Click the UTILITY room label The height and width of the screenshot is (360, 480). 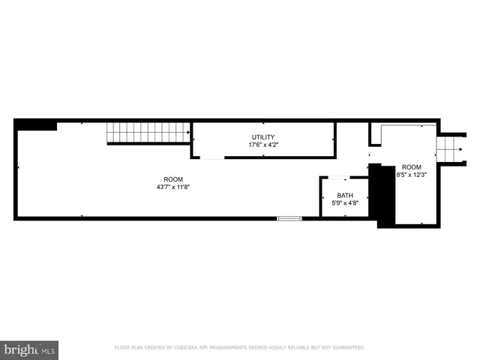tap(262, 137)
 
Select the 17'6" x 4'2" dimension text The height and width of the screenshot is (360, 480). tap(262, 145)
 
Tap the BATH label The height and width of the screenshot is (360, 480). tap(344, 194)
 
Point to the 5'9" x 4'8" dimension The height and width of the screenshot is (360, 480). tap(344, 202)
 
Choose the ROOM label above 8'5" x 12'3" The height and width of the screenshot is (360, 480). tap(411, 167)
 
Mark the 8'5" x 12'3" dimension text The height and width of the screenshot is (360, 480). tap(411, 175)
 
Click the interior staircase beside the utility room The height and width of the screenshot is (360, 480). tap(148, 133)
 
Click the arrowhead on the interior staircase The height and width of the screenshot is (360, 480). tap(188, 133)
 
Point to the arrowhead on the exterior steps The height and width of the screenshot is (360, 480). tap(458, 148)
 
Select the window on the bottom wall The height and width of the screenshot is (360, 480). tap(289, 218)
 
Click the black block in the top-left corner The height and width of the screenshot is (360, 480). tap(36, 124)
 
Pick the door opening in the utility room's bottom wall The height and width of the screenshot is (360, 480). tap(212, 157)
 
